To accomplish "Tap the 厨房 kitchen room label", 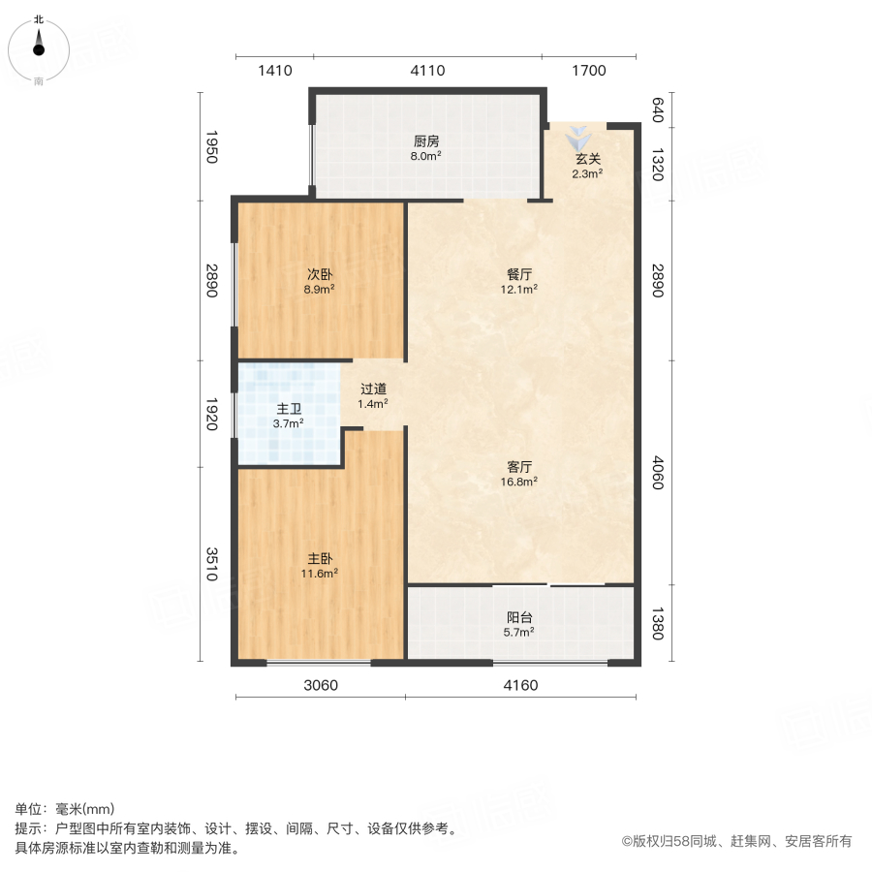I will pyautogui.click(x=426, y=139).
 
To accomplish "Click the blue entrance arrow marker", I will pyautogui.click(x=577, y=135).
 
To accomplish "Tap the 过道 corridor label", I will pyautogui.click(x=373, y=389).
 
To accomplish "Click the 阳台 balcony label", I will pyautogui.click(x=519, y=617).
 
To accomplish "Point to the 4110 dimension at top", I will pyautogui.click(x=427, y=70).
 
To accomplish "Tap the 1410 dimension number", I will pyautogui.click(x=274, y=70).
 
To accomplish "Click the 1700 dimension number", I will pyautogui.click(x=589, y=70).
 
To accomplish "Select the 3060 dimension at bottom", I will pyautogui.click(x=321, y=686).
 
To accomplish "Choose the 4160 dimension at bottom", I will pyautogui.click(x=520, y=686).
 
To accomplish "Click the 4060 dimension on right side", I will pyautogui.click(x=656, y=472).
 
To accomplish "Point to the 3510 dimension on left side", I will pyautogui.click(x=213, y=565).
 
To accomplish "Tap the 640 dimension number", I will pyautogui.click(x=656, y=108).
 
